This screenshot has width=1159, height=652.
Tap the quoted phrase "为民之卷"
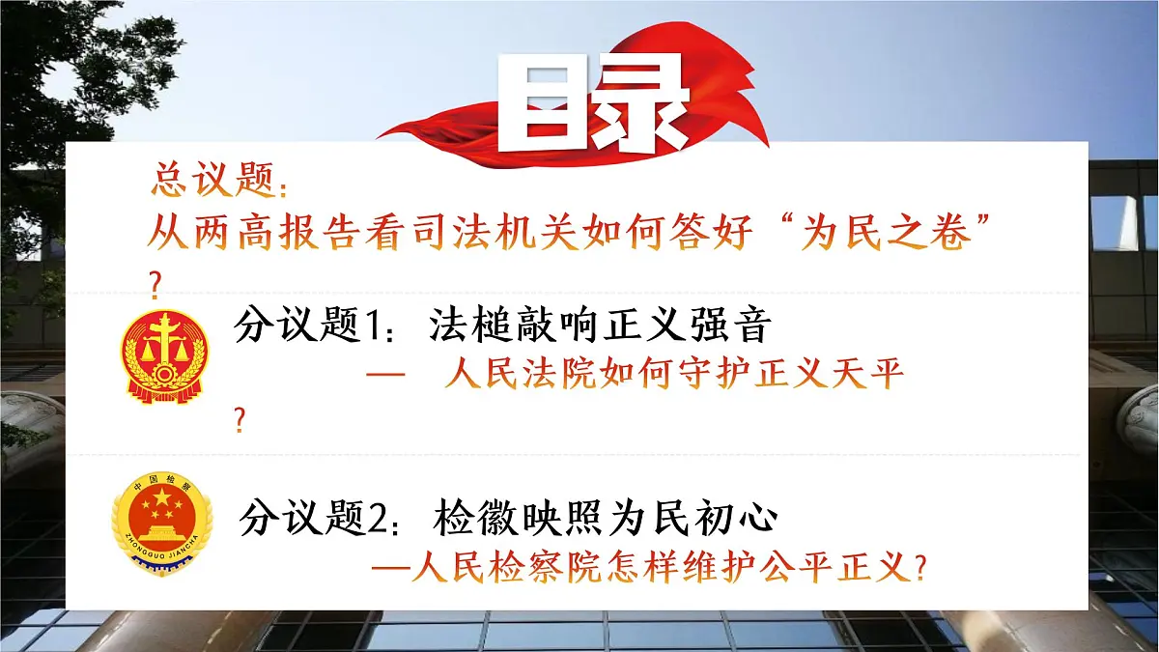coord(898,234)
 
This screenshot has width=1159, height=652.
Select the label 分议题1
coord(309,326)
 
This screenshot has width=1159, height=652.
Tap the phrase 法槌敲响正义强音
coord(599,326)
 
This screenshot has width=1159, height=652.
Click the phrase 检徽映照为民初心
coord(607,520)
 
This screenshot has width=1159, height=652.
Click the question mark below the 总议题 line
coord(154,282)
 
